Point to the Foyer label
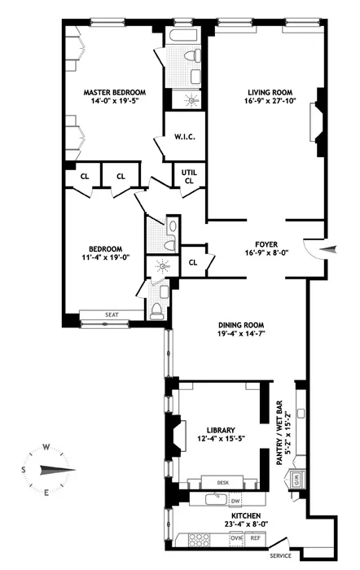tap(267, 243)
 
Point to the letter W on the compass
tap(47, 445)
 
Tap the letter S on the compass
tap(24, 470)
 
